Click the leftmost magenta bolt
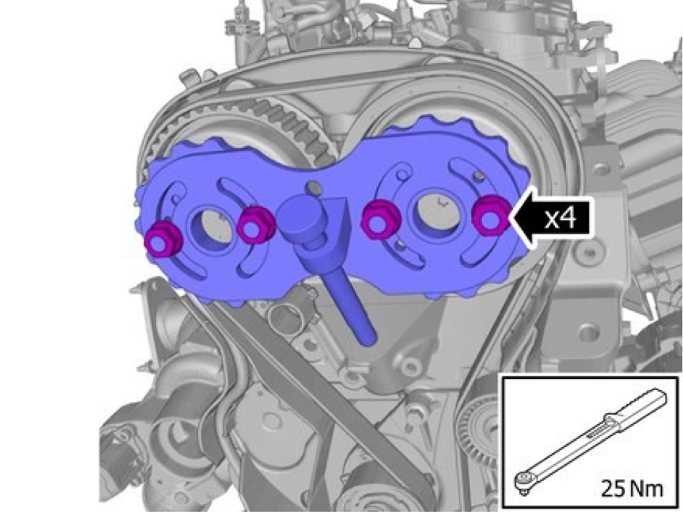click(163, 240)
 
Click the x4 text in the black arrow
click(561, 217)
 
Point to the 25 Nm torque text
click(632, 488)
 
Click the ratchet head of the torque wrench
click(523, 480)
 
